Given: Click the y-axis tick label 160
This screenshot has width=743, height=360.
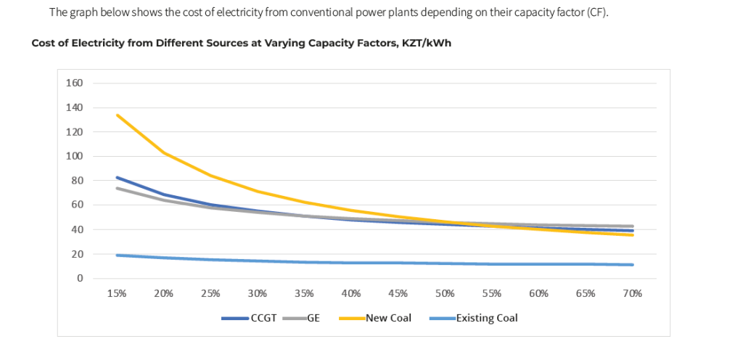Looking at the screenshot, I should pyautogui.click(x=75, y=83).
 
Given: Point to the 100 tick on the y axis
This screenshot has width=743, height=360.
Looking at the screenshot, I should pyautogui.click(x=75, y=156).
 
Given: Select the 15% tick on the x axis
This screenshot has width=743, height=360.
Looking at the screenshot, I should pyautogui.click(x=117, y=293).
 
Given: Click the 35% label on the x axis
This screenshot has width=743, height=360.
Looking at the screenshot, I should pyautogui.click(x=304, y=293).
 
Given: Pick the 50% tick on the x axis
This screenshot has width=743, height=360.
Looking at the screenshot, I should pyautogui.click(x=445, y=293).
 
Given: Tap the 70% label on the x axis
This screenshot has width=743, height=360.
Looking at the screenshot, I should pyautogui.click(x=632, y=293).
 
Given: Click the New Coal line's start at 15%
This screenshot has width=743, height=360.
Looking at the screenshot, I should pyautogui.click(x=117, y=115).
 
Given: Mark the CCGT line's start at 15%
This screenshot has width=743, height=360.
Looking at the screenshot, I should pyautogui.click(x=117, y=177).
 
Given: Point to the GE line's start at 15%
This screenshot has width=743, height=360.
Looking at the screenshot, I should pyautogui.click(x=117, y=188).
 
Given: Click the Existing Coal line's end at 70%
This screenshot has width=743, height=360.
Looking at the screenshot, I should pyautogui.click(x=633, y=264).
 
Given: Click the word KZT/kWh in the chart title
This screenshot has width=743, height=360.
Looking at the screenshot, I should pyautogui.click(x=426, y=43).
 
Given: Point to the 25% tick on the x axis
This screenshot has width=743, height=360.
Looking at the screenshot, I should pyautogui.click(x=210, y=293).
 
